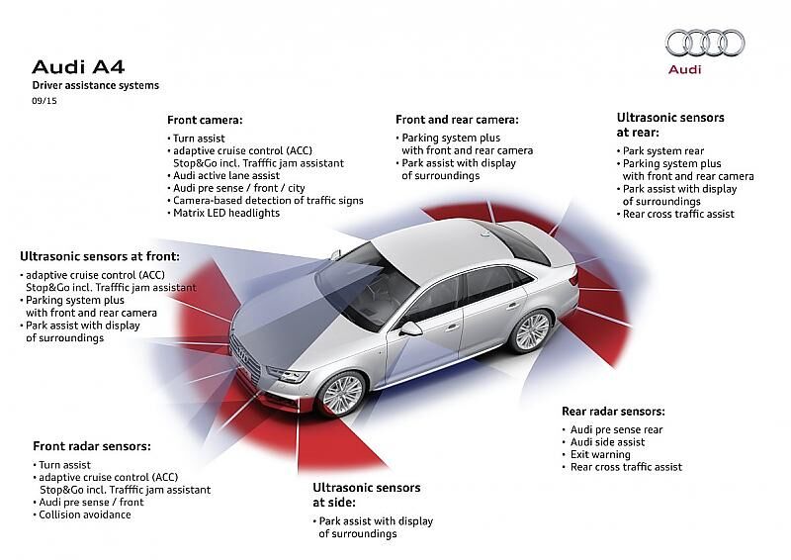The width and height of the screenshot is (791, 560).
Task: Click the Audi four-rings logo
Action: pyautogui.click(x=705, y=43)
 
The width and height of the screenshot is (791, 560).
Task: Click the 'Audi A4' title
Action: pyautogui.click(x=78, y=66)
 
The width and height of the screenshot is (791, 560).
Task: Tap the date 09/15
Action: pyautogui.click(x=44, y=101)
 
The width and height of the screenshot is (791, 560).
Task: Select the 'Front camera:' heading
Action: pyautogui.click(x=205, y=120)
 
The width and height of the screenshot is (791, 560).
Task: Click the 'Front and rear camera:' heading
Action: pyautogui.click(x=457, y=120)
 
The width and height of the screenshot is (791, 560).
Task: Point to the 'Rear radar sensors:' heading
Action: pyautogui.click(x=613, y=412)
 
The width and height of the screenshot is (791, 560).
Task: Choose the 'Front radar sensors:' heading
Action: pyautogui.click(x=92, y=446)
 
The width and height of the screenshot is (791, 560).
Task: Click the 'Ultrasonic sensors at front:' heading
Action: pyautogui.click(x=100, y=256)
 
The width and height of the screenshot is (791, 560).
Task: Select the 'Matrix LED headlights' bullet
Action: pyautogui.click(x=223, y=213)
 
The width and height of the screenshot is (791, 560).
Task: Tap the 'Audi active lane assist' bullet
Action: pyautogui.click(x=223, y=176)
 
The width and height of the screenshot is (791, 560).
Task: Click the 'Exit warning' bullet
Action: pyautogui.click(x=597, y=454)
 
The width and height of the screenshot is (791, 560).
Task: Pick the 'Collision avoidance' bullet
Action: pyautogui.click(x=82, y=515)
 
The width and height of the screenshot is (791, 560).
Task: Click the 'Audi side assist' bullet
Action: pyautogui.click(x=604, y=442)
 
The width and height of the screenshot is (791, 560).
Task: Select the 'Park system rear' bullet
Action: pyautogui.click(x=660, y=151)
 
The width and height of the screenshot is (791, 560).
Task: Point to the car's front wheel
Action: pyautogui.click(x=342, y=394)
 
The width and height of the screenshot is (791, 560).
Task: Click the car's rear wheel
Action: pyautogui.click(x=531, y=330)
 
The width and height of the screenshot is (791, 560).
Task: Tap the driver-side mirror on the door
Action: pyautogui.click(x=411, y=328)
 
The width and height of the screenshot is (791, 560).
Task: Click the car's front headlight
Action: pyautogui.click(x=288, y=375)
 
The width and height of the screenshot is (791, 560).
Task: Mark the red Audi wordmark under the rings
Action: pyautogui.click(x=684, y=69)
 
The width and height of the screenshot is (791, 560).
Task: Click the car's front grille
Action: pyautogui.click(x=245, y=355)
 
